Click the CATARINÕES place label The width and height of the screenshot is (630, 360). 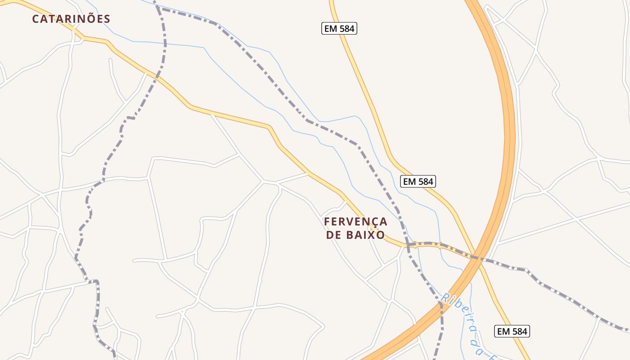coord(71,19)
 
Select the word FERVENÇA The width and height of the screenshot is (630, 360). coord(355,221)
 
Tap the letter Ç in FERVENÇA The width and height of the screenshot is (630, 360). coord(372,222)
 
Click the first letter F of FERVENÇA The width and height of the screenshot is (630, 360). coord(327,221)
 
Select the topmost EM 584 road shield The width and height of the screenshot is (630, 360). coord(340,29)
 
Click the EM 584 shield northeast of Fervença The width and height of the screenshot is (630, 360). coord(418,181)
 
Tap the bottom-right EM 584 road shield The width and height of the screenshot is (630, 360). coord(512,331)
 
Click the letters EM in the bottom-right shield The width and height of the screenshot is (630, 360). coord(503,331)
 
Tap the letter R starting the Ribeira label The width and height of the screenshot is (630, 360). coord(445,298)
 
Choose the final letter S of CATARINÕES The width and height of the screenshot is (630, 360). coord(107,19)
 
